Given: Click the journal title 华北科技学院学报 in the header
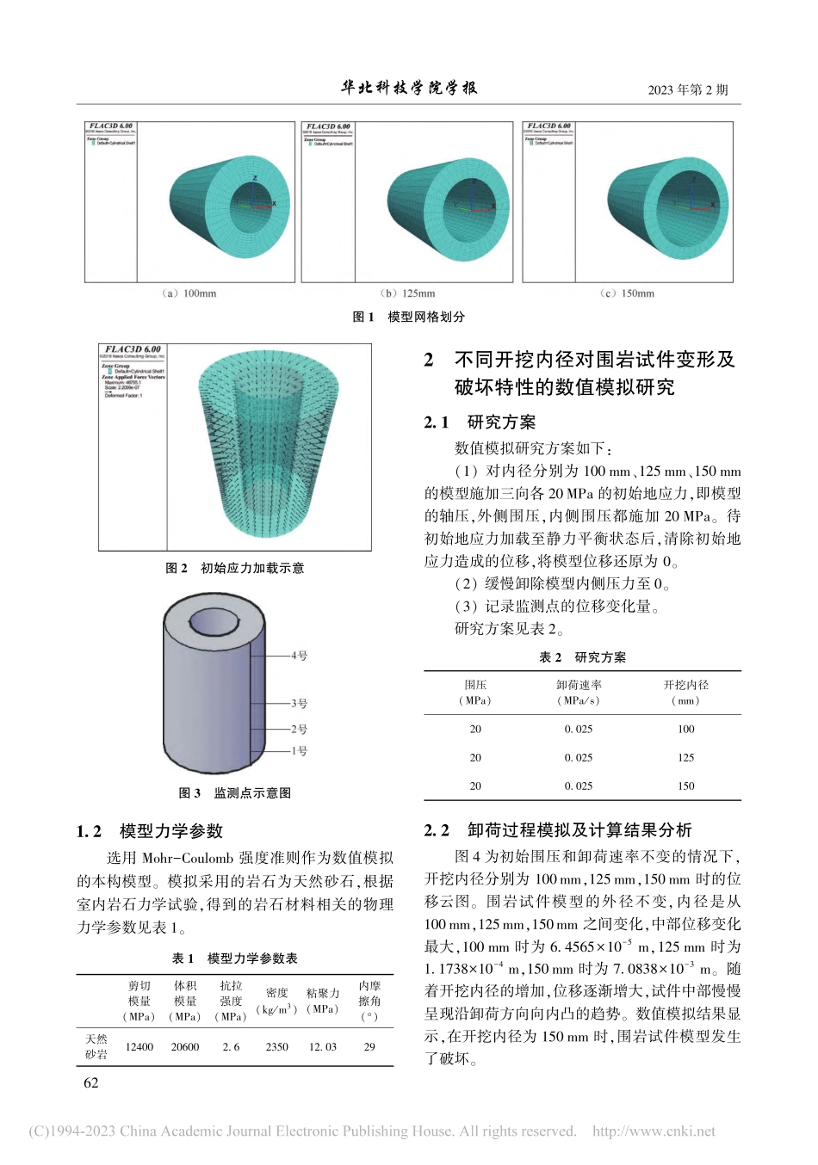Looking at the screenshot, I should click(x=409, y=88).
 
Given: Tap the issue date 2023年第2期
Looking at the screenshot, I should click(x=687, y=89).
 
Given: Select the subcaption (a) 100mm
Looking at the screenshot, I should click(x=189, y=293).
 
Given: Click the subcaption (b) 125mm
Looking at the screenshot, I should click(x=408, y=293).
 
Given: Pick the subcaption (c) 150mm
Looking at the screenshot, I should click(x=627, y=293).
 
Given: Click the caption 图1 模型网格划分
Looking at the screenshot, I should click(x=408, y=317).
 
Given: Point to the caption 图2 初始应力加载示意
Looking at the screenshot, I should click(x=234, y=568).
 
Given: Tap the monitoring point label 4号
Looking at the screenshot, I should click(x=299, y=656).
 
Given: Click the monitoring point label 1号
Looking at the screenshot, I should click(x=299, y=751).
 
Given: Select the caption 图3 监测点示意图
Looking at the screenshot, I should click(x=234, y=792).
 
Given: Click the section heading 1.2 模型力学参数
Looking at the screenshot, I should click(x=150, y=831).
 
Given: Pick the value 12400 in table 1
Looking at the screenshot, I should click(x=139, y=1047).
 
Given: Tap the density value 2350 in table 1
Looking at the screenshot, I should click(x=276, y=1047).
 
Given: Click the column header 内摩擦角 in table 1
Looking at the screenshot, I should click(x=369, y=1001).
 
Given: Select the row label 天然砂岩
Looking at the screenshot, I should click(x=96, y=1047).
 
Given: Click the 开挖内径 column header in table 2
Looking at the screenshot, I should click(x=685, y=692).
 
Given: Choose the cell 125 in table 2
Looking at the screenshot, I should click(x=685, y=757).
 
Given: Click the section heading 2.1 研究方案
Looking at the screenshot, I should click(x=480, y=422).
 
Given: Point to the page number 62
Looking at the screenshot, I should click(x=91, y=1083).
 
